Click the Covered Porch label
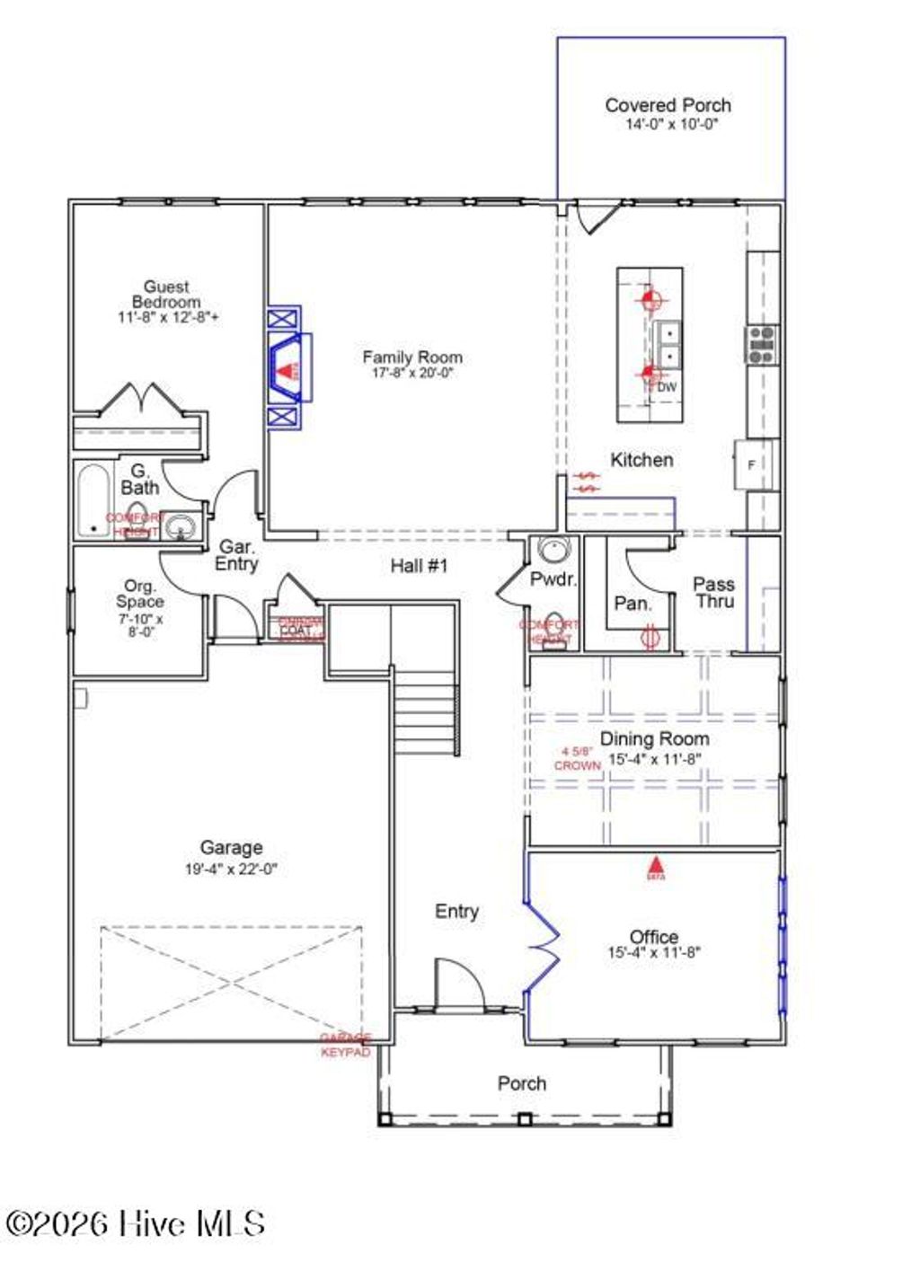click(x=668, y=106)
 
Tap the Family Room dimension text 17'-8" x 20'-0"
click(x=412, y=373)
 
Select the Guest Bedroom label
click(x=166, y=294)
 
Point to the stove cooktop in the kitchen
click(x=762, y=345)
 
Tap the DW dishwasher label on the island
click(x=666, y=387)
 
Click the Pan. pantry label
click(x=632, y=604)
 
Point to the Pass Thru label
click(x=714, y=593)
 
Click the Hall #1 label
click(x=419, y=566)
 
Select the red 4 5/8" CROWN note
click(x=577, y=759)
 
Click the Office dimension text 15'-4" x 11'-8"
click(x=653, y=953)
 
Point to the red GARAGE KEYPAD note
click(x=346, y=1046)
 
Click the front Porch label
click(x=522, y=1083)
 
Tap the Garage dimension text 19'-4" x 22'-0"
click(x=231, y=870)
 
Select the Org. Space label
click(x=139, y=594)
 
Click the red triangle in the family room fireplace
click(x=286, y=369)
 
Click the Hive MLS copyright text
click(x=136, y=1223)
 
